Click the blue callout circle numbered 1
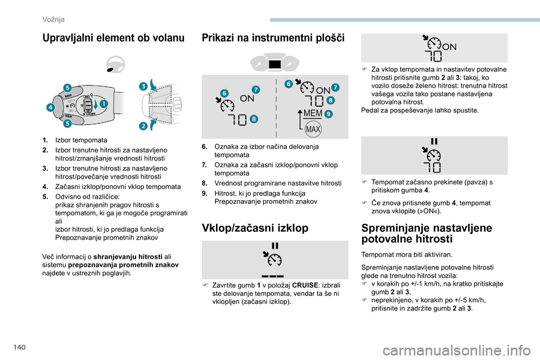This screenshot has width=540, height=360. (104, 103)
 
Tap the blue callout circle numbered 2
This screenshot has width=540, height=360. (143, 126)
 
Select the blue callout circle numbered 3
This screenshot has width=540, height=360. (143, 85)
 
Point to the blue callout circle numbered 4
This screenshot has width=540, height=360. (50, 107)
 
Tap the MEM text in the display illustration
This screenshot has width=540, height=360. (313, 114)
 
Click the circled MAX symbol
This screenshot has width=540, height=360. (312, 129)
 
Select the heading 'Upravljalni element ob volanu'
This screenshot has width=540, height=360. (113, 38)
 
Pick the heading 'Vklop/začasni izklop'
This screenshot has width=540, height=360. (255, 228)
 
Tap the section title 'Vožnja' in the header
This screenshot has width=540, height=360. (53, 19)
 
